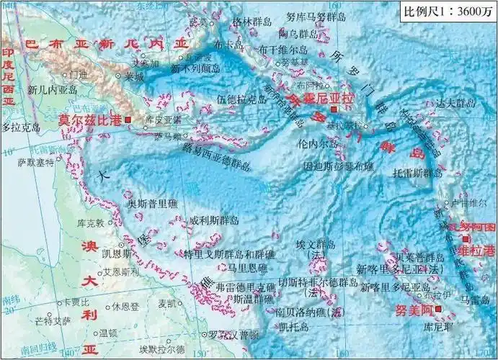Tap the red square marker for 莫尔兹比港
[128, 119]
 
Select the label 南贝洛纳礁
[306, 310]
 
